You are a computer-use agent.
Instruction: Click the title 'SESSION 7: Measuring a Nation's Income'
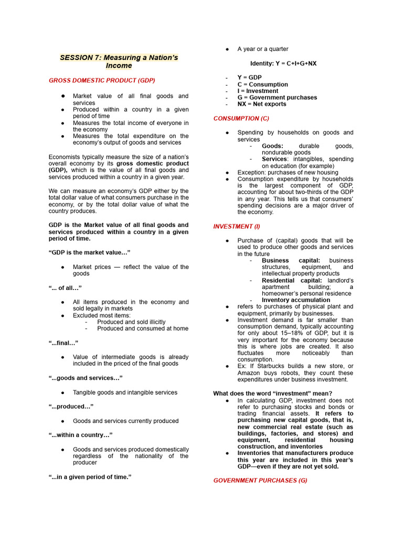point(119,62)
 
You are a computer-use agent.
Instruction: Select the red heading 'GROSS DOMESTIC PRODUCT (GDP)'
point(102,80)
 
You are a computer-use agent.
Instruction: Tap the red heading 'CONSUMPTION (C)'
point(241,119)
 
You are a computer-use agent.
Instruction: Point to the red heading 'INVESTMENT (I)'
point(236,226)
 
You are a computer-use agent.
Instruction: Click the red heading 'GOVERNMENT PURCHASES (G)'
point(260,480)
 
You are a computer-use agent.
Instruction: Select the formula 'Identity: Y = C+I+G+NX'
point(283,64)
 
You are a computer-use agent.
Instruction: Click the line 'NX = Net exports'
point(262,104)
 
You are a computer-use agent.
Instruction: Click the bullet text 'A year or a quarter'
point(262,49)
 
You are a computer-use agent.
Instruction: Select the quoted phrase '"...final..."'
point(63,343)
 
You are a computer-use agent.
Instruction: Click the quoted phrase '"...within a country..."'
point(80,435)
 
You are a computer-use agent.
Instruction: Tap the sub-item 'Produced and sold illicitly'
point(131,322)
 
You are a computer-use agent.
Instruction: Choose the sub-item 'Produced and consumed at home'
point(142,329)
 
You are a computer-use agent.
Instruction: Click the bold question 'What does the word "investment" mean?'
point(272,394)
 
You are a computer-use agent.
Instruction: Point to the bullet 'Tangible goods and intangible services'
point(125,392)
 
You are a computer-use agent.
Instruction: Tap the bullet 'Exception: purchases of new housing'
point(288,172)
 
